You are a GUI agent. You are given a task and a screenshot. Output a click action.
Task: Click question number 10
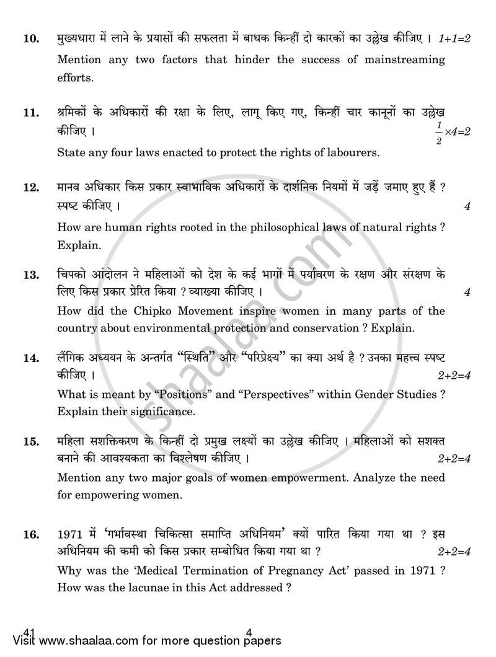coord(30,39)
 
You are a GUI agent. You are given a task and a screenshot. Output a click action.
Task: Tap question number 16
coord(30,534)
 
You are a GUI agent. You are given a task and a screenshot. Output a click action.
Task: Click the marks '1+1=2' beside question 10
coord(454,39)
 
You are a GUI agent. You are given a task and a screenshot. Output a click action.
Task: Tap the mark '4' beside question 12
coord(467,206)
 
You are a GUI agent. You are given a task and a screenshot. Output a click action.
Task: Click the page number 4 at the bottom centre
coord(248,633)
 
